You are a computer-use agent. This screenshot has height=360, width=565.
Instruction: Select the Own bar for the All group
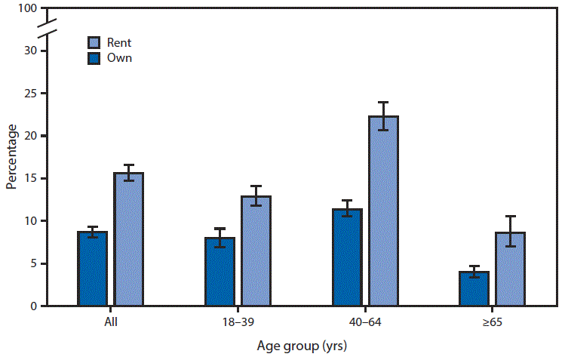pos(92,269)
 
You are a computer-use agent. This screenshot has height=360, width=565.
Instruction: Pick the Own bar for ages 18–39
pos(220,272)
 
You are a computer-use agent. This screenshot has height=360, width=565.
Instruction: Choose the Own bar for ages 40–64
pos(346,257)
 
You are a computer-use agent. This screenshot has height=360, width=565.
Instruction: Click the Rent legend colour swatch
pos(94,43)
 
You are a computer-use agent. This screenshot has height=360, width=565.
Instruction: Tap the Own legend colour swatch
pos(94,57)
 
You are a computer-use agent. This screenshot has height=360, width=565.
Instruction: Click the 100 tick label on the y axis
pos(26,9)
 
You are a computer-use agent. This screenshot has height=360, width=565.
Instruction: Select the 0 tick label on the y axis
pos(32,306)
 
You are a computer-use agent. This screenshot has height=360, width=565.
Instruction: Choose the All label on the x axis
pos(110,322)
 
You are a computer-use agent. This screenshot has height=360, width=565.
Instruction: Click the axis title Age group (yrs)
pos(300,347)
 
